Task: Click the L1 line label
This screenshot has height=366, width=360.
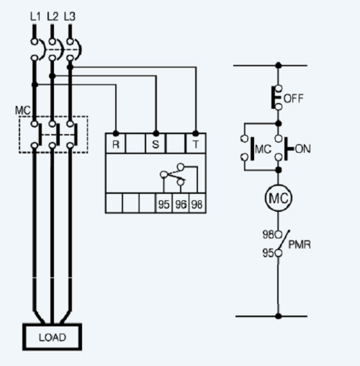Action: coord(35,15)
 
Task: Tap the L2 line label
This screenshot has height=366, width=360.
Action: coord(52,15)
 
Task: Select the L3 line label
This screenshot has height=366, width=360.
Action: coord(69,15)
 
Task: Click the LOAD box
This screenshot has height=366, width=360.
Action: coord(52,337)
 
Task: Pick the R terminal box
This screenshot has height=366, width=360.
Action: coord(116,143)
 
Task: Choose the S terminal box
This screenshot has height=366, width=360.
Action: coord(156,143)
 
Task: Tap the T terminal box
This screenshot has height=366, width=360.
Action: coord(196,143)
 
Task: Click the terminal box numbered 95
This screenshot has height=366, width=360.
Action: coord(164,204)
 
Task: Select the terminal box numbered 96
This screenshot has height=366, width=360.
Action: coord(181,204)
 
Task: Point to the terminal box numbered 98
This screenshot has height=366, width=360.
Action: coord(196,204)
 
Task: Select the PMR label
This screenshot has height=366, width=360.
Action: coord(300,245)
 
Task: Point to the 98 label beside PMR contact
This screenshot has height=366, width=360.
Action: coord(268,235)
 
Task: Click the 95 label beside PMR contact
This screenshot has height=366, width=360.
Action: coord(268,253)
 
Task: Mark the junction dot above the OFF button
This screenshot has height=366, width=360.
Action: coord(278,66)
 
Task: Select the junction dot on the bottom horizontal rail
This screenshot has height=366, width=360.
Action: coord(278,316)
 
